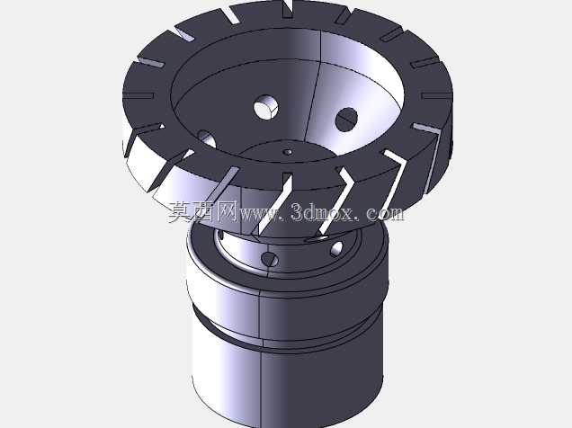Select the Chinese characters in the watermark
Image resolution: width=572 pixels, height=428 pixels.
click(x=203, y=212)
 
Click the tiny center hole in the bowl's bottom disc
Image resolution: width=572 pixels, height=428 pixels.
click(x=288, y=152)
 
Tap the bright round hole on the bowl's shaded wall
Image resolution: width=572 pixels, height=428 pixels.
click(x=265, y=107)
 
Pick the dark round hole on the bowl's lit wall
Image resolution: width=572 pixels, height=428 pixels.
click(x=346, y=120)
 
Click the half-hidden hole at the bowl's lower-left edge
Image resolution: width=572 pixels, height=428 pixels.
click(x=207, y=138)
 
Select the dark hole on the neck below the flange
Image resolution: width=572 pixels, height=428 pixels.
click(x=270, y=259)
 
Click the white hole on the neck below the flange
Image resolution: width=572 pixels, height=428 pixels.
click(x=336, y=249)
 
